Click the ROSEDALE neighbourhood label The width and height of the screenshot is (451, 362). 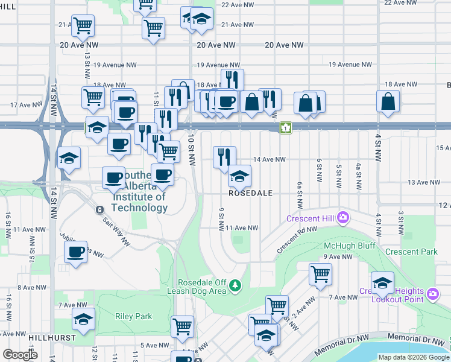coord(251,193)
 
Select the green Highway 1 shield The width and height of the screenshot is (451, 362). coord(285,128)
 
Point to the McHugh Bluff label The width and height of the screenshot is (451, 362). coord(349,246)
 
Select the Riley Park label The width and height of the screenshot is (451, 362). coord(133,316)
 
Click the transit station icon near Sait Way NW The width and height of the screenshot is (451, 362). coord(99,209)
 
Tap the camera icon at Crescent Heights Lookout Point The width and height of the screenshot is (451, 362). coord(432,294)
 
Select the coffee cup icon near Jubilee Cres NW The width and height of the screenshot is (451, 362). coord(76,252)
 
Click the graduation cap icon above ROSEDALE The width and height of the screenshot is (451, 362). coord(239,176)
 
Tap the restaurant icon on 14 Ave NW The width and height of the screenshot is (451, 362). coord(224,157)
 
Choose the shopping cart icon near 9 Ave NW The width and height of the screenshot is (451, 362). coord(320,274)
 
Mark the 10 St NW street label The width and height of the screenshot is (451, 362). coord(192,151)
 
